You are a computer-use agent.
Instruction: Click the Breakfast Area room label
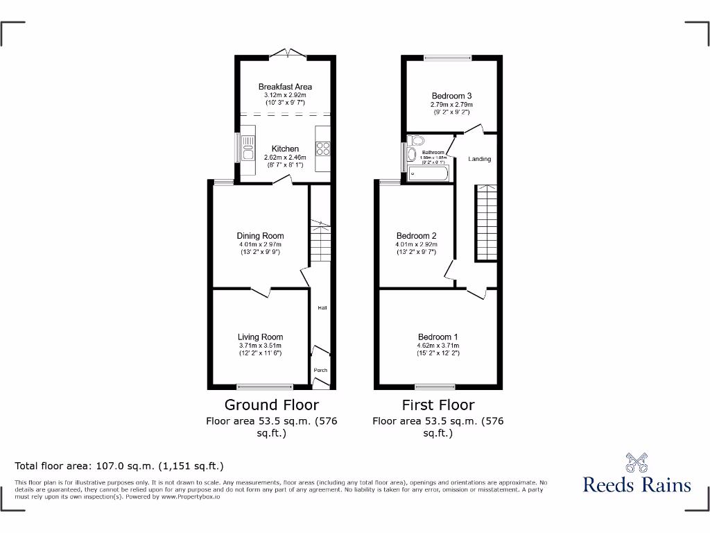pos(285,87)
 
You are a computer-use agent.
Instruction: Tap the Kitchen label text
pos(285,149)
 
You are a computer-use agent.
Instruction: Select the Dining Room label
pos(261,236)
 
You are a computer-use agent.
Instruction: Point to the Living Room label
pos(260,337)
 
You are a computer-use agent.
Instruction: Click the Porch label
pos(320,370)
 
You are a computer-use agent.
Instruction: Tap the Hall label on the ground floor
pos(322,307)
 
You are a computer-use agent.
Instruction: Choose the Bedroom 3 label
pos(451,96)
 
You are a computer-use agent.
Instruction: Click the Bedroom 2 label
pos(416,236)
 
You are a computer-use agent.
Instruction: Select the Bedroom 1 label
pos(438,337)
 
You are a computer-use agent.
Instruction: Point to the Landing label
pos(479,159)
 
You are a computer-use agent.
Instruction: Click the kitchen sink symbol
pos(248,147)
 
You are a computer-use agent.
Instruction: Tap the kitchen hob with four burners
pos(322,148)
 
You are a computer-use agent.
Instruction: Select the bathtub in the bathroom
pos(428,173)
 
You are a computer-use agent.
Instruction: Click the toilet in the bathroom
pos(413,153)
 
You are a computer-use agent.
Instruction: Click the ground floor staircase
pos(320,241)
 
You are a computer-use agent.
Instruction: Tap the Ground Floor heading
pos(271,405)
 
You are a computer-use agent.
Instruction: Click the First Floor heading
pos(438,405)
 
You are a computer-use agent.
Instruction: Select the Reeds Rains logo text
pos(637,484)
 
